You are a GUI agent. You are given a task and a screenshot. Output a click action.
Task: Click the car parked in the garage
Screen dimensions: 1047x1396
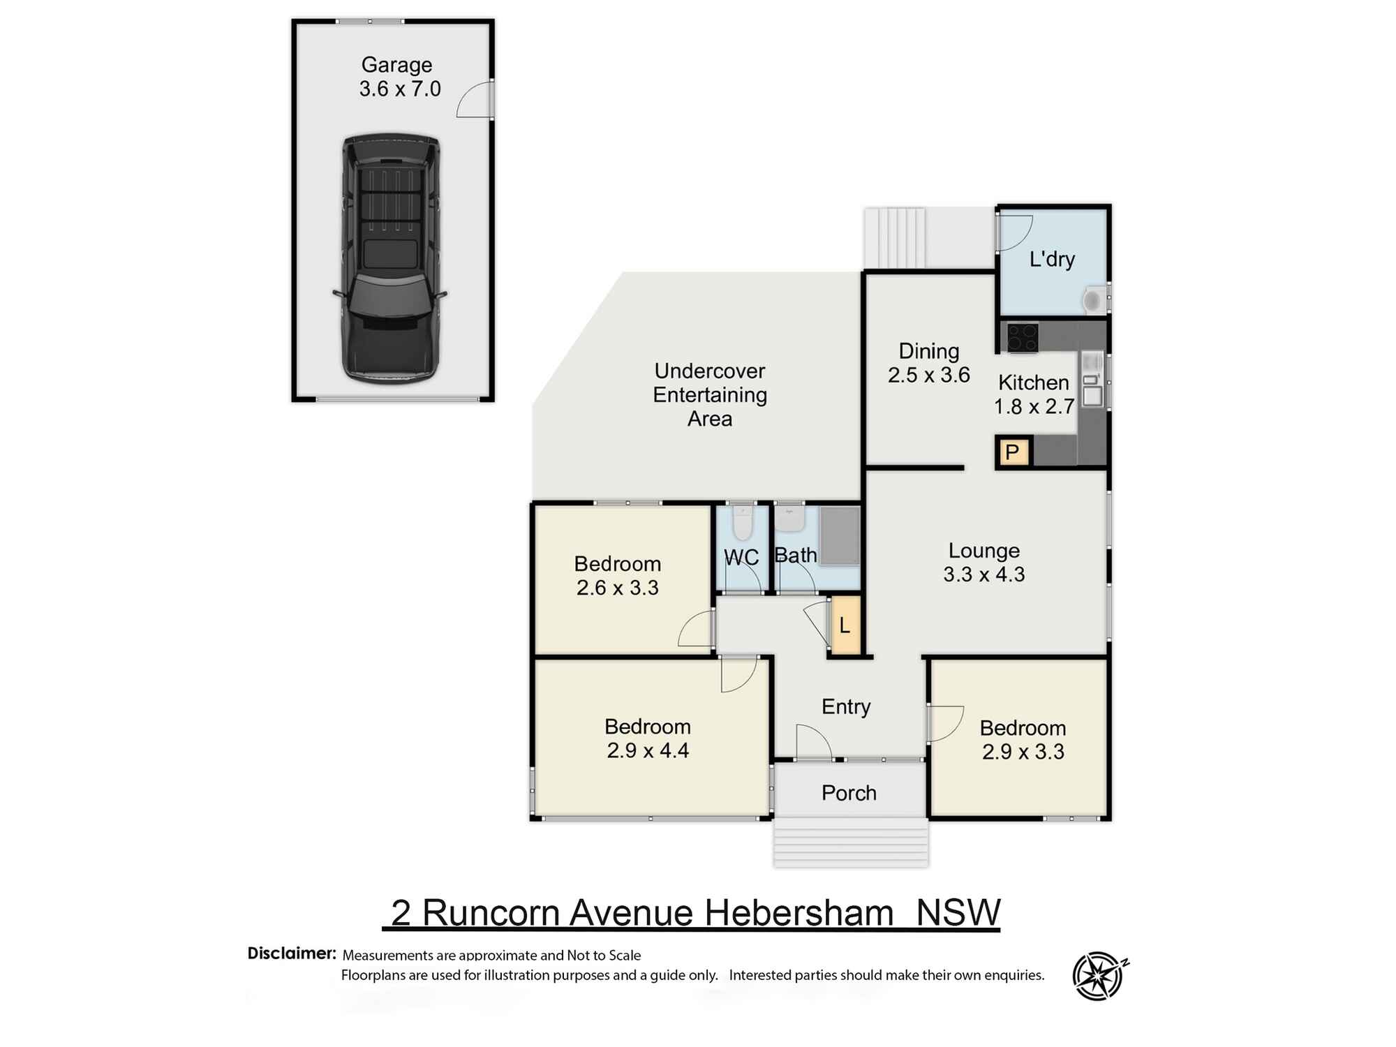391,258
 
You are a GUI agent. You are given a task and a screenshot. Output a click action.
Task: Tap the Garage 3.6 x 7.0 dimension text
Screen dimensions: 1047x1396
400,89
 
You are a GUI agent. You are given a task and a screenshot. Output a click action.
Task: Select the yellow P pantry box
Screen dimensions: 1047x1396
1012,452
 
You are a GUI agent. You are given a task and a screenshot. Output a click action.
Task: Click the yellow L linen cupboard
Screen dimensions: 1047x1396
845,625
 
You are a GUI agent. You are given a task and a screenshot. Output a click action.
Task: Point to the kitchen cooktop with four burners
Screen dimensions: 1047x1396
1021,338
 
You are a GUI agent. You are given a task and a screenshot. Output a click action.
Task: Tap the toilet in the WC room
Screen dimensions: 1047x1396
743,523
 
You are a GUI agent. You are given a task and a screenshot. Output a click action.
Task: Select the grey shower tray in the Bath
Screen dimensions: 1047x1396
840,535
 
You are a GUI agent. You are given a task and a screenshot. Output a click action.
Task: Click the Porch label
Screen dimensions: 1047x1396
849,793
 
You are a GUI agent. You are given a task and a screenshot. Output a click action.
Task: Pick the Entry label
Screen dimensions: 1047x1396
846,706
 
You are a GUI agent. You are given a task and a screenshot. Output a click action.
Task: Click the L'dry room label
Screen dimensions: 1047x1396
1052,260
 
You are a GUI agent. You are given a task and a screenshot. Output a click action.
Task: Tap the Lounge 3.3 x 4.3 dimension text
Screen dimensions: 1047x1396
984,574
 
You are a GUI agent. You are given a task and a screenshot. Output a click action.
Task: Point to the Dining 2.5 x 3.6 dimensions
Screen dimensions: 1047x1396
928,375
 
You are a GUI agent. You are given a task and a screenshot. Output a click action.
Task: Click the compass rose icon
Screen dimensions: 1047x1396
1099,975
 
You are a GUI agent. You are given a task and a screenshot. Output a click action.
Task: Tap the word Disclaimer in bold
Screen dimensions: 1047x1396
292,953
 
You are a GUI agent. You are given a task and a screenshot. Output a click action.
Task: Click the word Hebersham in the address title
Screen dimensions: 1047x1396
799,912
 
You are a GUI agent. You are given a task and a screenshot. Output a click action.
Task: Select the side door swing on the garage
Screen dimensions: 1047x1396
475,99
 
